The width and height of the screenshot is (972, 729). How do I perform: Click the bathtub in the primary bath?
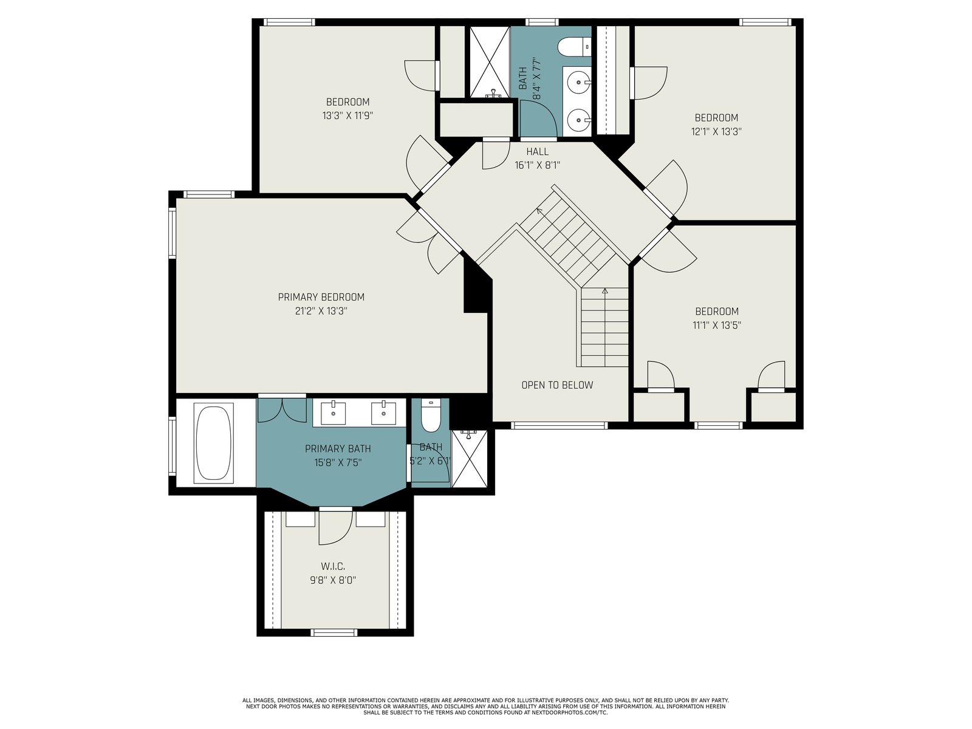214,443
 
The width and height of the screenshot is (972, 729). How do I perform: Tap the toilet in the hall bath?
574,47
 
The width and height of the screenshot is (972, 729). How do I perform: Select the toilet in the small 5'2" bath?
430,415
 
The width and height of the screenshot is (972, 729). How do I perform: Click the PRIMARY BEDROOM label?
321,297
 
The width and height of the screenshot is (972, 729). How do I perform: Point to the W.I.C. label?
333,566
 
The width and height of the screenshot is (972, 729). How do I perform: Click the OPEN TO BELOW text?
557,385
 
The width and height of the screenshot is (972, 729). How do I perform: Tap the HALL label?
537,152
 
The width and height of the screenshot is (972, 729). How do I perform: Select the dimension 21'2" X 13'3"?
321,311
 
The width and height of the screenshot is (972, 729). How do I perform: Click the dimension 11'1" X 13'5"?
717,326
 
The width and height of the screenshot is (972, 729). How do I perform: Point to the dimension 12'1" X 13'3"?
716,131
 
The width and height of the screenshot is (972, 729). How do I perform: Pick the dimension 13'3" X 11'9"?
347,116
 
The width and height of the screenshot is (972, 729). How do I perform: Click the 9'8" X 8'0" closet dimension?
333,580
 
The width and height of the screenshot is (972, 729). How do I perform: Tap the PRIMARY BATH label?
338,449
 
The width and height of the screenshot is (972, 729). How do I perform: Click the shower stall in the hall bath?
490,62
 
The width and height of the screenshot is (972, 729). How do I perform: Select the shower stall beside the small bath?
469,459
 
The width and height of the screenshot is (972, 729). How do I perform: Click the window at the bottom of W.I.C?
334,632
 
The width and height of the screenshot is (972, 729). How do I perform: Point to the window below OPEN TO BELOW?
560,425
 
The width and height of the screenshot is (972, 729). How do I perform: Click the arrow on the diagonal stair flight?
539,211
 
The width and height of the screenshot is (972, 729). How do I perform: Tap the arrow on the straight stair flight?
605,291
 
